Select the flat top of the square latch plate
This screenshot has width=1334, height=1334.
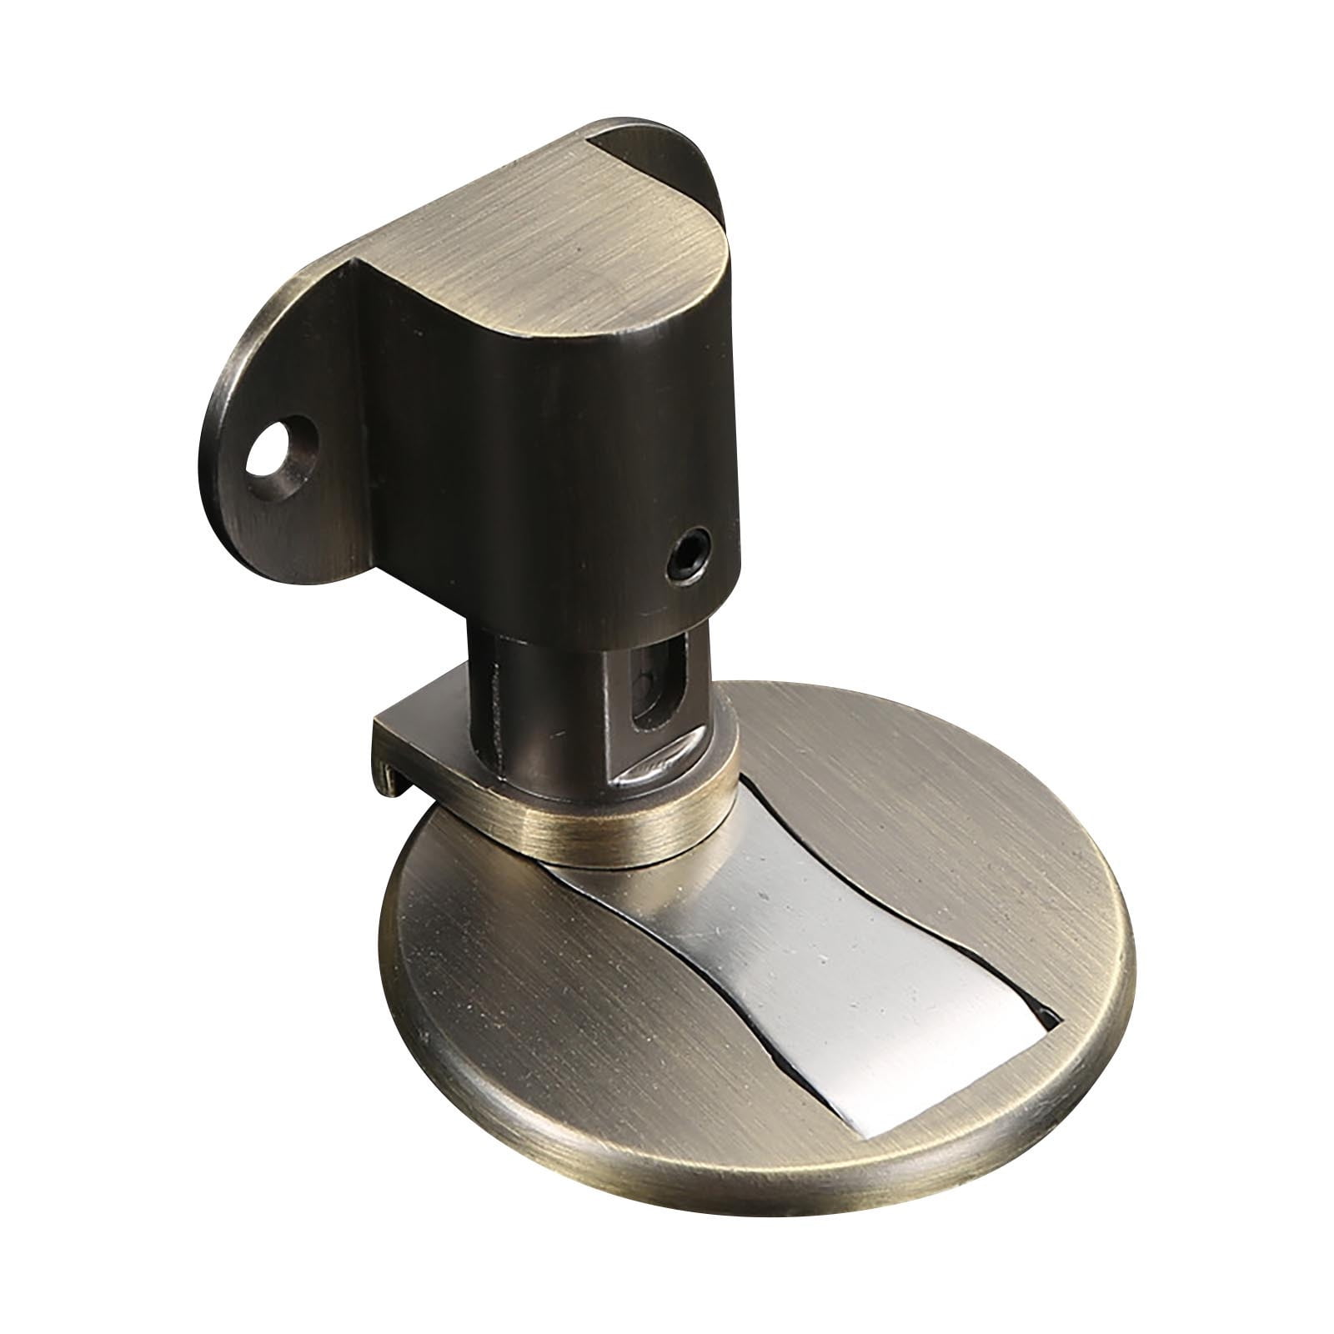tap(434, 717)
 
